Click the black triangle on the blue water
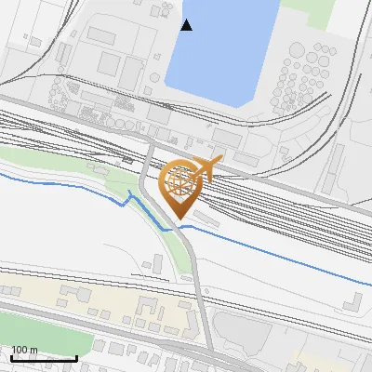coord(187,25)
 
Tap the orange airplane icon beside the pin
coord(206,169)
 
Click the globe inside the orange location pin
coord(179,180)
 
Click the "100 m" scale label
coord(24,350)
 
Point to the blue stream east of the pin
coord(279,253)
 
